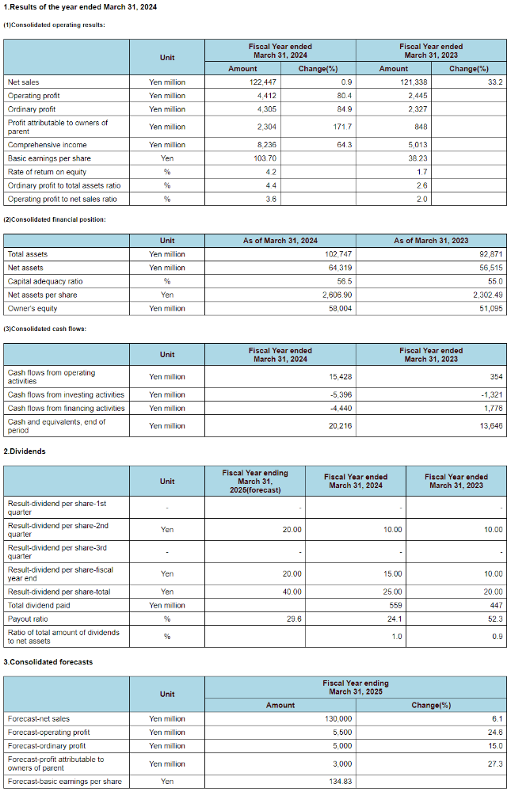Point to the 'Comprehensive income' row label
click(x=47, y=145)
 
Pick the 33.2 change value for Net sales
click(x=496, y=82)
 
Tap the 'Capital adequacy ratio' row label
click(x=45, y=281)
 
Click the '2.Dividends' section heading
click(x=25, y=451)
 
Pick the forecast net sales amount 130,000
click(x=340, y=718)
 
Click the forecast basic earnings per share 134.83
click(x=341, y=782)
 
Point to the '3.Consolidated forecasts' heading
click(x=48, y=662)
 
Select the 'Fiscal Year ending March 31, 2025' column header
click(x=355, y=687)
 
